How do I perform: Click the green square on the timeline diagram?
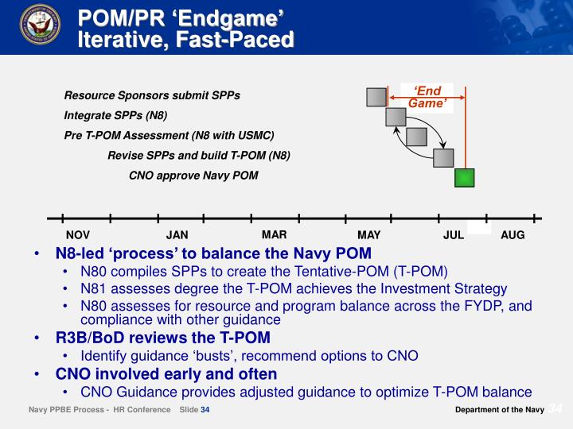tap(464, 177)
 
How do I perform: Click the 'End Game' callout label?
tap(428, 96)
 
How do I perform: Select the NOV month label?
tap(78, 235)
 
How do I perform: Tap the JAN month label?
tap(177, 235)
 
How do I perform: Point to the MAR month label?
tap(274, 234)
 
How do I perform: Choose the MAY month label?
tap(369, 235)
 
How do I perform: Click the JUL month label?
tap(454, 235)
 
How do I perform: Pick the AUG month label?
tap(513, 235)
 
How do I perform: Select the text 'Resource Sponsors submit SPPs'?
tap(152, 96)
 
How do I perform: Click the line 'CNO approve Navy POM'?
tap(193, 175)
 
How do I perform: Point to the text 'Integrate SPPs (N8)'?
tap(115, 115)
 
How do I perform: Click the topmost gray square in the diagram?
tap(376, 97)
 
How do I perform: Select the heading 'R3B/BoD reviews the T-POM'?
tap(162, 338)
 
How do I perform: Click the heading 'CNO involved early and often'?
tap(166, 373)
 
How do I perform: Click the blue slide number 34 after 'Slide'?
tap(205, 410)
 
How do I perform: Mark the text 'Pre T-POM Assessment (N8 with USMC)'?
tap(169, 135)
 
